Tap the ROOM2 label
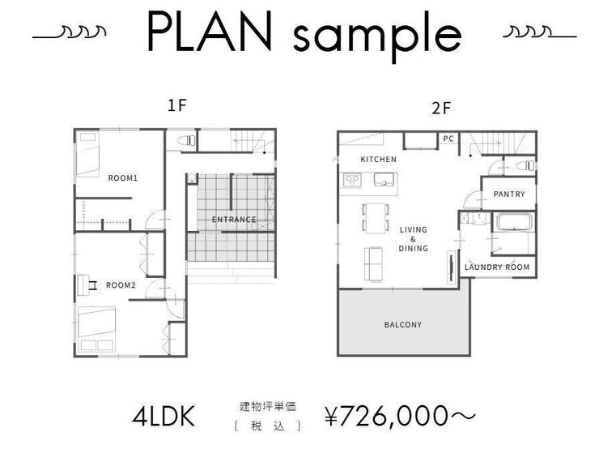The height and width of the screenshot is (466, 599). [121, 284]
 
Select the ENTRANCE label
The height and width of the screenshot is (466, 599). [234, 220]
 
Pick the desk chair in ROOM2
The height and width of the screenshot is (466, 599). [92, 284]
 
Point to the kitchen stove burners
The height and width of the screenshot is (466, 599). [352, 179]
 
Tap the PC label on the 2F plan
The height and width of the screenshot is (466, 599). [448, 139]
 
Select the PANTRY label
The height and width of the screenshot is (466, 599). [508, 195]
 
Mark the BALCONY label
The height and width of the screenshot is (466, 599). [402, 325]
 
